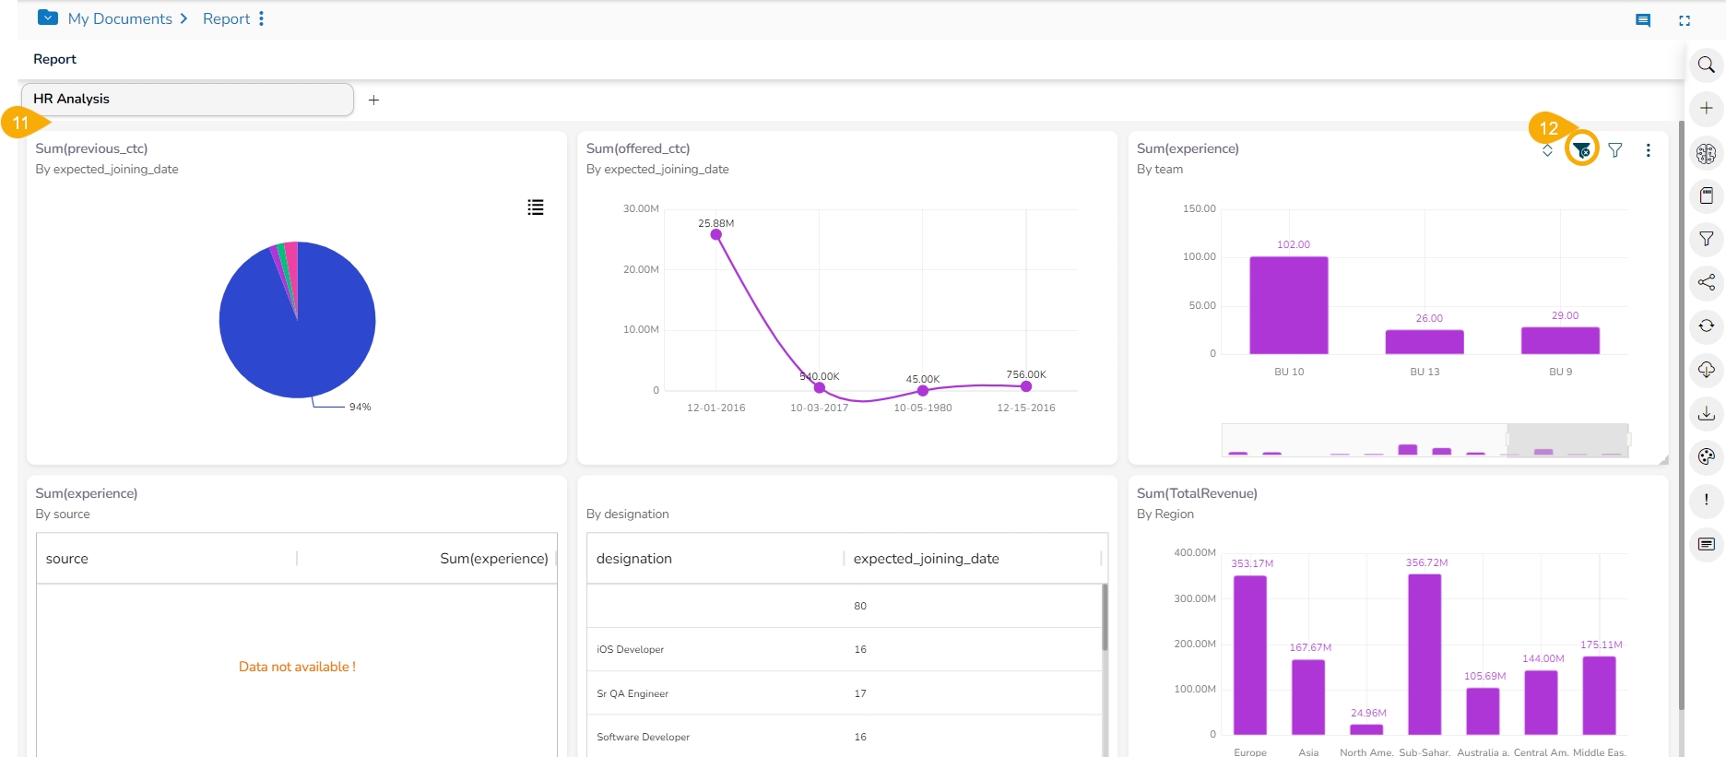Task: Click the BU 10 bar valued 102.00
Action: [x=1288, y=305]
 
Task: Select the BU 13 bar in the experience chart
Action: [x=1424, y=342]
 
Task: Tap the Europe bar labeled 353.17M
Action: [x=1249, y=655]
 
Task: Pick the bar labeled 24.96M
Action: [x=1365, y=729]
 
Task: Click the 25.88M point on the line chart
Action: [x=715, y=234]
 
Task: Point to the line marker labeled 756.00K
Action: [x=1025, y=386]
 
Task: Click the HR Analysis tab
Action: [x=187, y=100]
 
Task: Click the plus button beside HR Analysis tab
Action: [x=373, y=100]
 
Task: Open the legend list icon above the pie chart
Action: [x=535, y=207]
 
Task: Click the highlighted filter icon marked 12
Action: [x=1581, y=150]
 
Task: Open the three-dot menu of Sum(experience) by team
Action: [x=1648, y=150]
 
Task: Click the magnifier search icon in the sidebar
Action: [x=1706, y=65]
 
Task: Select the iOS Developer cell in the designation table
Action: [x=630, y=650]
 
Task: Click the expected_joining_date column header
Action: [x=926, y=559]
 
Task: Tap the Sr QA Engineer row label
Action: [x=632, y=693]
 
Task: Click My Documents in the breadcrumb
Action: [x=120, y=18]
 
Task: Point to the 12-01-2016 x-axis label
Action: [x=715, y=408]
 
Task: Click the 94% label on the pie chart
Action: [x=360, y=407]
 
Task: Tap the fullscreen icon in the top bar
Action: [x=1685, y=20]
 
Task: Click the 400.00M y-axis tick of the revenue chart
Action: [x=1194, y=552]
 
